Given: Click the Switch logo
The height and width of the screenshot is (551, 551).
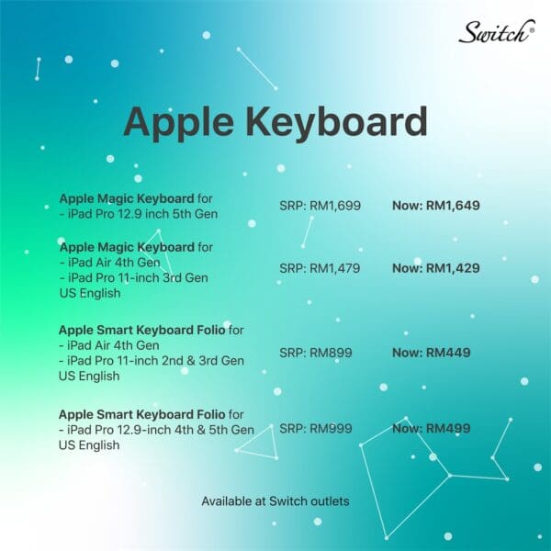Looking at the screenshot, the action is coord(497,32).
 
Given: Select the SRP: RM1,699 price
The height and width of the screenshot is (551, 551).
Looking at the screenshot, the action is coord(320,206).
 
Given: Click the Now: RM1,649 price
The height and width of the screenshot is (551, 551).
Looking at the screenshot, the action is coord(435,206).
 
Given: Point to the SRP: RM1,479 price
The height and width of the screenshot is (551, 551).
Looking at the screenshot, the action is coord(320,268).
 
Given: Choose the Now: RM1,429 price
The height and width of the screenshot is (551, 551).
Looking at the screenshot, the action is coord(435,268).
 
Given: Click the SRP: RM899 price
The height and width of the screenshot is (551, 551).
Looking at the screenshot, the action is coord(316,353).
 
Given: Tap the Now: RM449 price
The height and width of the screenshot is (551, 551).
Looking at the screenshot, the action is coord(432,353).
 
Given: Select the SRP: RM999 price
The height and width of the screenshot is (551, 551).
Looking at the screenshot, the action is coord(316,428).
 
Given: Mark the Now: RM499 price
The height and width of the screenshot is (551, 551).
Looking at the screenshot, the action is coord(432,428).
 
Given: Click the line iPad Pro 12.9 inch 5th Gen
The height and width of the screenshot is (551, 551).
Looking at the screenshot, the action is coord(139,214).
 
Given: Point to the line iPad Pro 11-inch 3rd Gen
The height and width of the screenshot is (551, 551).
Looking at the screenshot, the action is coord(134,278).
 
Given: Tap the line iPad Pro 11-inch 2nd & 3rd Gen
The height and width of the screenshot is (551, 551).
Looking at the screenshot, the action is coord(152,361).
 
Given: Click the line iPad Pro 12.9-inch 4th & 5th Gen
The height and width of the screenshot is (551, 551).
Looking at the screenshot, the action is coord(156,430).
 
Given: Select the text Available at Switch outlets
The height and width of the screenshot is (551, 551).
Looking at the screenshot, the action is coord(275,501).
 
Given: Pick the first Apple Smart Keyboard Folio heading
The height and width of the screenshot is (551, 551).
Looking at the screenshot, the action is coord(142,331).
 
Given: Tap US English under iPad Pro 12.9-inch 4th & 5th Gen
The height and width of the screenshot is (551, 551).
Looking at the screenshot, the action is coord(89,445).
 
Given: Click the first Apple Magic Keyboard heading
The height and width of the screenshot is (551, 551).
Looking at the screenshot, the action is coord(127,198).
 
